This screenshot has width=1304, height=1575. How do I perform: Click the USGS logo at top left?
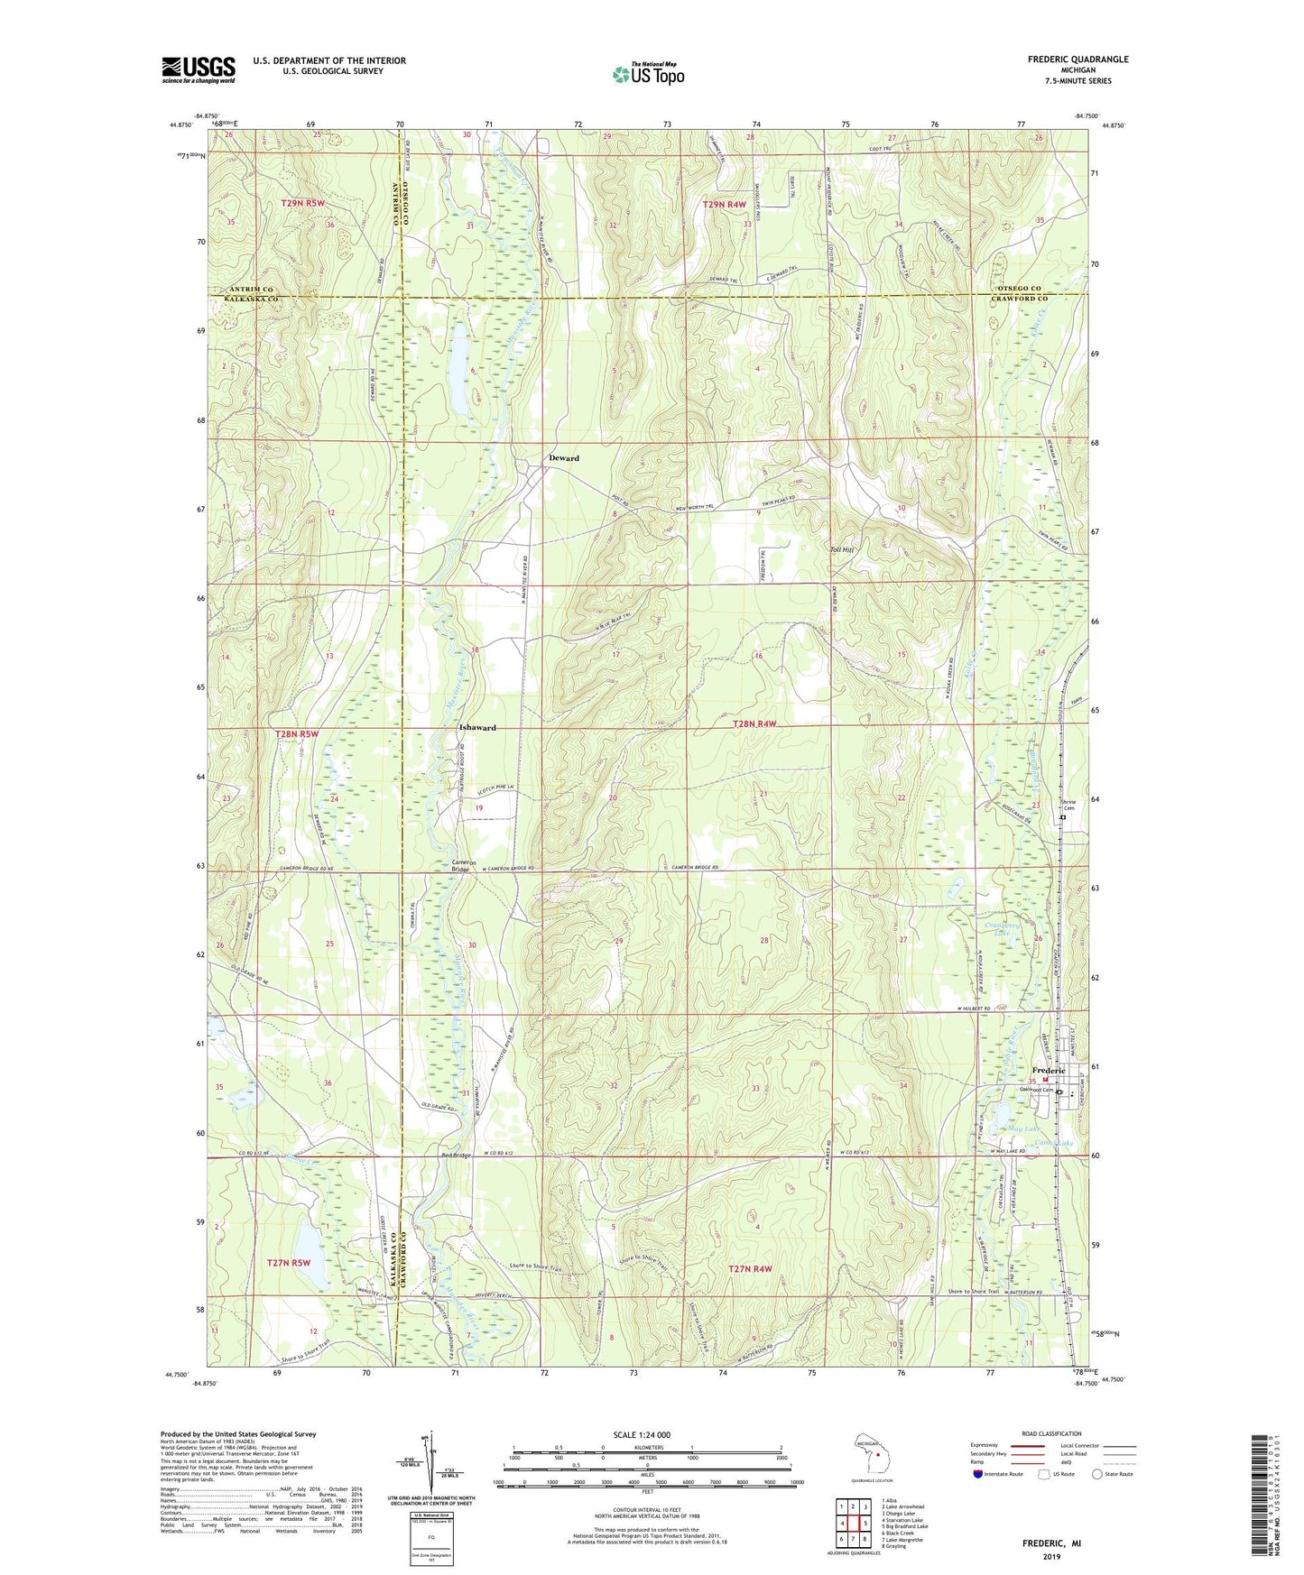coord(199,69)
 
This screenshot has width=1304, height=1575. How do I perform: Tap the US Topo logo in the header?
coord(648,75)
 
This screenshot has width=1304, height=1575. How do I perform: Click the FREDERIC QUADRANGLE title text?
coord(1077,60)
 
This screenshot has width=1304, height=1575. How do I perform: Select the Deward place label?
coord(564,458)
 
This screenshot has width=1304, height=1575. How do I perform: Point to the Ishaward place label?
coord(476,728)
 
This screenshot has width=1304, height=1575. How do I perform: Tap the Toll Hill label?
coord(842,548)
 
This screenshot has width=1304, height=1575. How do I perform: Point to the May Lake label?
coord(1027,1128)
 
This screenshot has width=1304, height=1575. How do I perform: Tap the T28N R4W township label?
coord(755,724)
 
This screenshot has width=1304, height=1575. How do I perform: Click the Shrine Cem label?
coord(1068,806)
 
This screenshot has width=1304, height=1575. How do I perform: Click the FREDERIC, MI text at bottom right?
coord(1051,1543)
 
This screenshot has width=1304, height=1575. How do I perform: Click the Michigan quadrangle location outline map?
coord(870,1453)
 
